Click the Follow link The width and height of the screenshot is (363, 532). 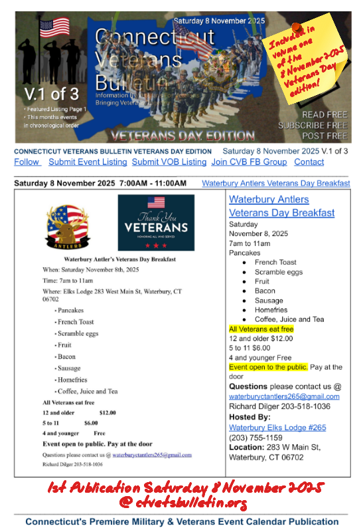tap(27, 162)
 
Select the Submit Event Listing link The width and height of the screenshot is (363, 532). tap(88, 162)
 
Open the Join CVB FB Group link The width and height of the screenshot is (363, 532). tap(249, 162)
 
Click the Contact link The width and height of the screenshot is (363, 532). tap(309, 162)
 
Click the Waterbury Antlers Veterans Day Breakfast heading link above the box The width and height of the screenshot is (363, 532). tap(275, 183)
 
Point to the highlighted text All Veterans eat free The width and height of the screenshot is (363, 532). tap(261, 329)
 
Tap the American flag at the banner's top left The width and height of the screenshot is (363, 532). tap(54, 27)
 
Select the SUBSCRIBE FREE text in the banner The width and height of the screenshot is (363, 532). tap(312, 125)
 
